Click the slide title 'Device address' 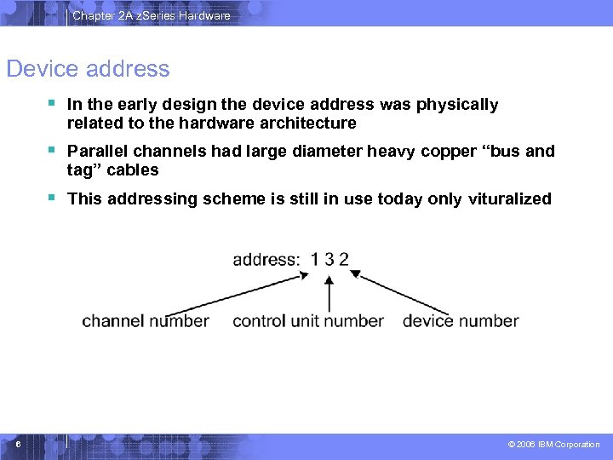click(88, 69)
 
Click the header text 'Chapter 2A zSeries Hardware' click(152, 15)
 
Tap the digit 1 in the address click(315, 260)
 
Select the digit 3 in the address click(329, 260)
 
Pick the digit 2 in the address click(344, 260)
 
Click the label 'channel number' click(146, 321)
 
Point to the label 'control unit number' click(308, 321)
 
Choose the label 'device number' click(461, 321)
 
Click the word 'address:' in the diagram click(266, 260)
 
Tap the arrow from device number click(400, 292)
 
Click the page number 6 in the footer click(18, 444)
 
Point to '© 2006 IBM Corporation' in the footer click(553, 445)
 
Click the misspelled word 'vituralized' click(510, 199)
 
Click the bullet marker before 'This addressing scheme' click(52, 198)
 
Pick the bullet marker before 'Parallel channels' click(52, 150)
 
